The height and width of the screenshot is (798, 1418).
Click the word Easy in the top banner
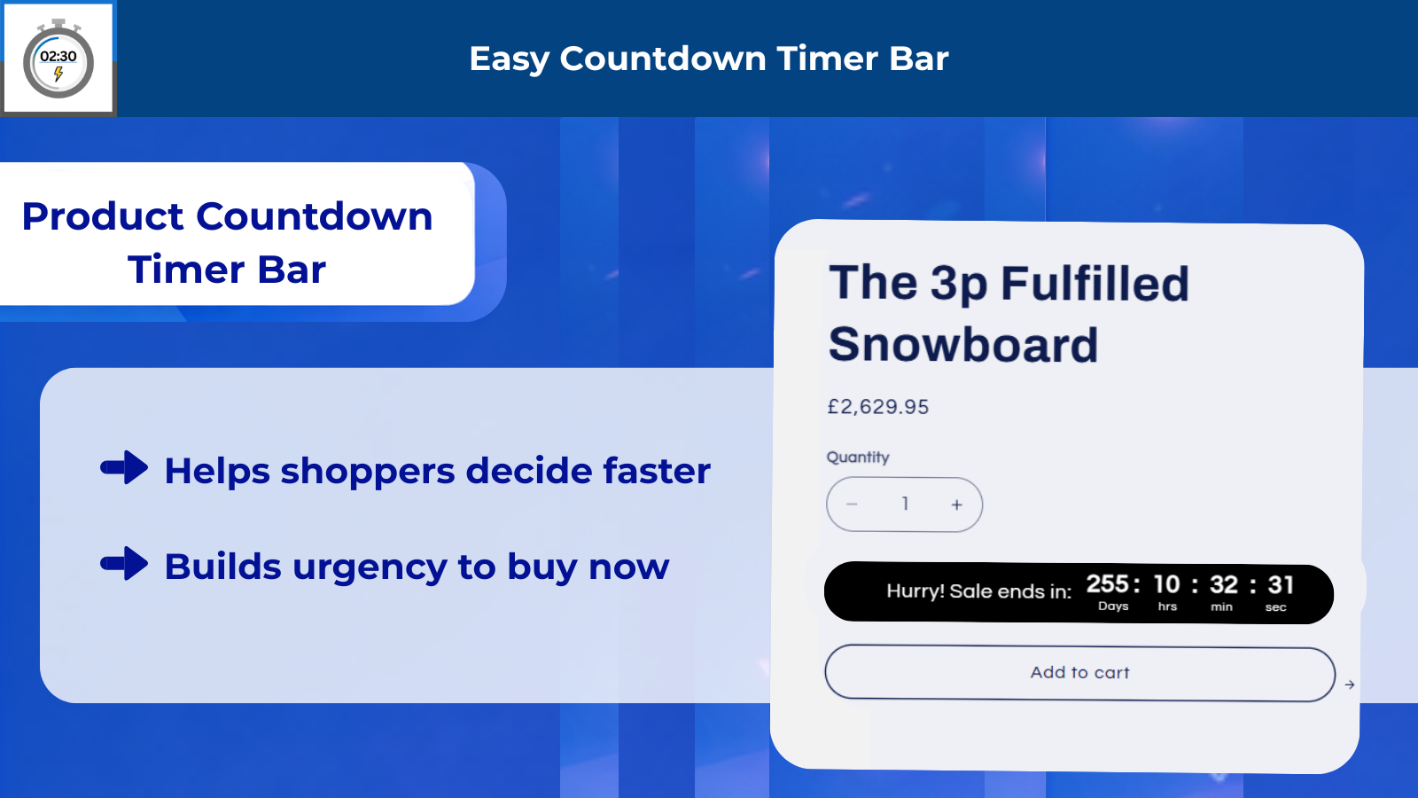[509, 59]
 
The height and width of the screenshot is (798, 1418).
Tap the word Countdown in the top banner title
[663, 59]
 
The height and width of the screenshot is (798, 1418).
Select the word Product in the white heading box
[103, 216]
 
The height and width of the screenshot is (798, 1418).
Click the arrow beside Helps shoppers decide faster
[124, 467]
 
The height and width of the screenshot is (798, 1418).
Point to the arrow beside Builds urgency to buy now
[124, 563]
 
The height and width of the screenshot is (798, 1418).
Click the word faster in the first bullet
[657, 471]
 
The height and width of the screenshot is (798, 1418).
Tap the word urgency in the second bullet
[370, 567]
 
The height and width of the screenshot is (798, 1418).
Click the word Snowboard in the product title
[962, 345]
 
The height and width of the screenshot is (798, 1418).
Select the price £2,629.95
[878, 407]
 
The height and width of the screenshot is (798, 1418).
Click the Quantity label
[858, 458]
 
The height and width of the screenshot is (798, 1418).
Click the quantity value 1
[905, 505]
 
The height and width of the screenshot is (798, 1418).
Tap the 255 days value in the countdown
[1108, 584]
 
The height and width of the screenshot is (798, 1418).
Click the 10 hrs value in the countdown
[1166, 584]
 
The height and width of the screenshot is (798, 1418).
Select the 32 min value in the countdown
[1224, 585]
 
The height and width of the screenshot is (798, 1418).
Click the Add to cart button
[1080, 673]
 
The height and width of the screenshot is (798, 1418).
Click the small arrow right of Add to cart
[1350, 685]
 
